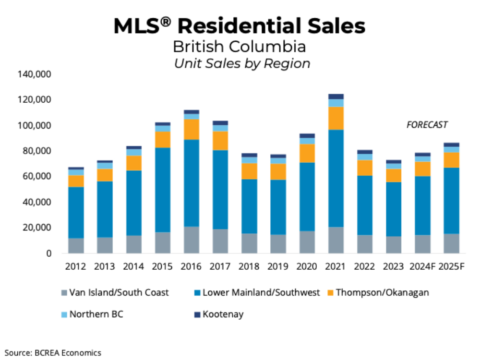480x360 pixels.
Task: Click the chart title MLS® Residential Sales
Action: [x=239, y=26]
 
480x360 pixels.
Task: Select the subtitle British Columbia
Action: [x=239, y=47]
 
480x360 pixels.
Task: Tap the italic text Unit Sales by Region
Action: [x=242, y=63]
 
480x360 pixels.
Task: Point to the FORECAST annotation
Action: [x=427, y=125]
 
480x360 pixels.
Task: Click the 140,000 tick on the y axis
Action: [x=35, y=74]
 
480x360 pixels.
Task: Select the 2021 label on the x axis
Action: [x=336, y=266]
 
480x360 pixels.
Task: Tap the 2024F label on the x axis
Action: [x=422, y=266]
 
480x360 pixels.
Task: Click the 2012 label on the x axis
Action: [x=76, y=266]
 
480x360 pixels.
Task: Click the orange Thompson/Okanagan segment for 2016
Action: [x=192, y=129]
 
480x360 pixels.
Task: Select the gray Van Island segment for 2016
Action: [x=192, y=240]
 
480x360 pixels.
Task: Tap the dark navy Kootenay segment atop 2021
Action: [x=336, y=96]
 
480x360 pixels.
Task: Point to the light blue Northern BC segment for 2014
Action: [x=134, y=152]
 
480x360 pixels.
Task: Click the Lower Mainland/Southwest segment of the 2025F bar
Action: [x=451, y=201]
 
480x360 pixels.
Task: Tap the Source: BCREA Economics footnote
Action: [x=53, y=353]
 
